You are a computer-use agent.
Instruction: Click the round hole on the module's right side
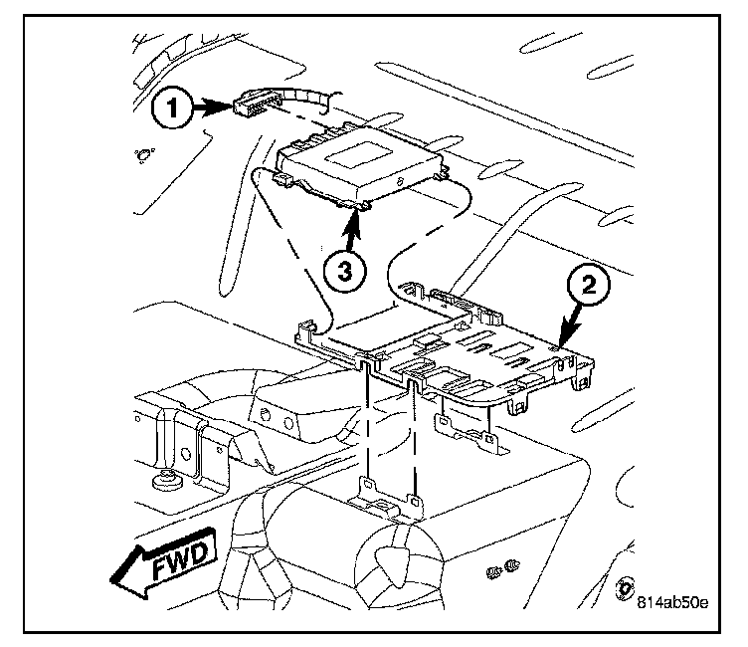pyautogui.click(x=399, y=183)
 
